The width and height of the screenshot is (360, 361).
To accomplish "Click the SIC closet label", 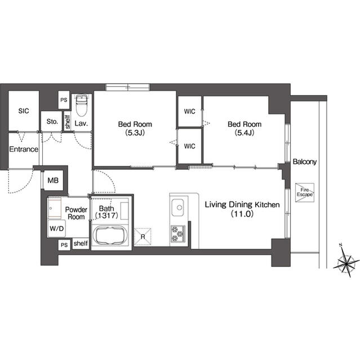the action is (24, 111).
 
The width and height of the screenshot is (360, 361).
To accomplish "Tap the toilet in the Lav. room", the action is (81, 105).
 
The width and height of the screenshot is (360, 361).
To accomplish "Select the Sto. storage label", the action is (52, 121).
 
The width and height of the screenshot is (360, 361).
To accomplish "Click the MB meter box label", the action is (53, 180).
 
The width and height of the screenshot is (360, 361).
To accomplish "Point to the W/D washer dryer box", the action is (56, 228).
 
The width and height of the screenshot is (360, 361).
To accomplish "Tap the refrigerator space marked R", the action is (143, 237).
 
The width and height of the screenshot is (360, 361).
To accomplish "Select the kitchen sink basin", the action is (177, 208).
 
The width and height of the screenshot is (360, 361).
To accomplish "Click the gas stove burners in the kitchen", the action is (177, 234).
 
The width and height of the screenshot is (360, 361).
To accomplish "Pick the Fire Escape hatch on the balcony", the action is (305, 192).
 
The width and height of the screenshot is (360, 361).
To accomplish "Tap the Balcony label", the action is (305, 162).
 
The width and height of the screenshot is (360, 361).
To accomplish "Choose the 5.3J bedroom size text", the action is (135, 133).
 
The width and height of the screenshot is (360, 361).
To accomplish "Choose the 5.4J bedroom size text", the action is (245, 133).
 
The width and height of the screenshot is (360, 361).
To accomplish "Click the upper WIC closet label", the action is (190, 112).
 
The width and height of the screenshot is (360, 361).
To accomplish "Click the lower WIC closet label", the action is (190, 146).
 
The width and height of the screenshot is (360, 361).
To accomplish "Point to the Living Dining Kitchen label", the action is (242, 205).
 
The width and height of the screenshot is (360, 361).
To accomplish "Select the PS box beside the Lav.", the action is (64, 100).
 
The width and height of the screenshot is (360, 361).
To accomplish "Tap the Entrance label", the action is (24, 149).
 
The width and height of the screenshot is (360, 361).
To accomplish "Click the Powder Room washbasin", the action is (55, 208).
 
